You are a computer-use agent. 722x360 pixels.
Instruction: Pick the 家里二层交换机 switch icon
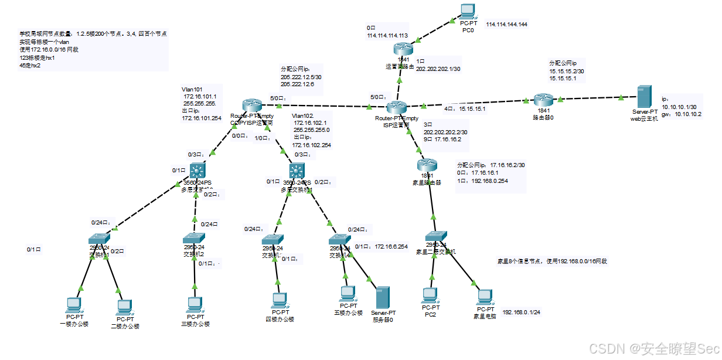[436, 236]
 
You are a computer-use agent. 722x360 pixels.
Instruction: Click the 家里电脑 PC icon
[484, 296]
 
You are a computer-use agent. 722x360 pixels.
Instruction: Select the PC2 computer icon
[431, 294]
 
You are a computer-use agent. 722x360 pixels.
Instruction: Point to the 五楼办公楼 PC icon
[348, 293]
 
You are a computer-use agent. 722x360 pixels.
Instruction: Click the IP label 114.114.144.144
[506, 25]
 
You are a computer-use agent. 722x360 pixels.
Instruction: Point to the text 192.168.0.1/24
[521, 312]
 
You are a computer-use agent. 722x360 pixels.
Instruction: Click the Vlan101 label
[192, 90]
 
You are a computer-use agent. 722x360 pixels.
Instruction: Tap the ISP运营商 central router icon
[397, 107]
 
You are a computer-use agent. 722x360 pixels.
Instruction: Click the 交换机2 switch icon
[194, 238]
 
